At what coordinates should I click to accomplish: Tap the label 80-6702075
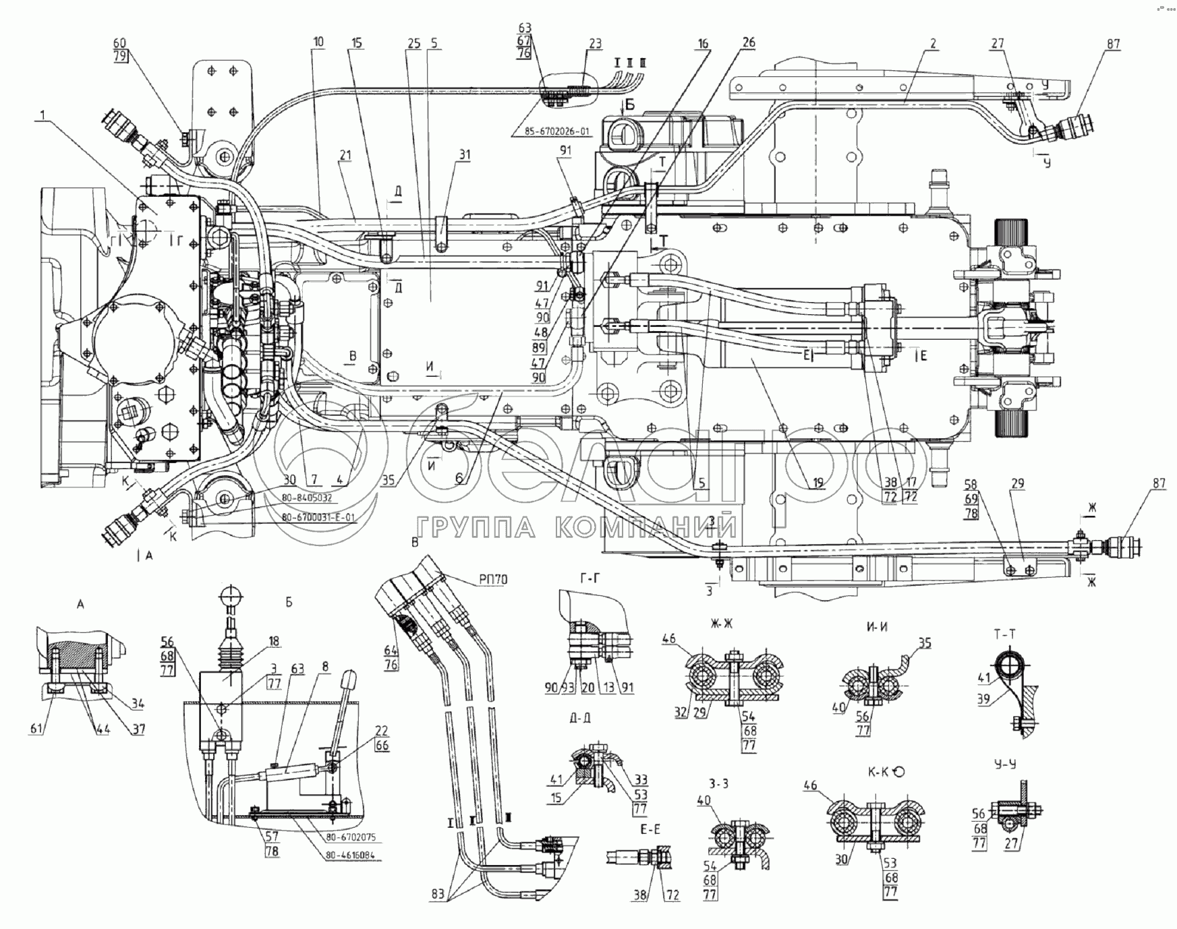tap(349, 837)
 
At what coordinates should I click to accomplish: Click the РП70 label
tap(494, 579)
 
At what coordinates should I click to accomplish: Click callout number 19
tap(817, 483)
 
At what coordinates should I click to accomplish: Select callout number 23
tap(595, 44)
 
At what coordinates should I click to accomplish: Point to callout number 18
tap(274, 641)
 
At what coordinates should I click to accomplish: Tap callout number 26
tap(749, 44)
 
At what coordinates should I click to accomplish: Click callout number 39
tap(984, 699)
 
